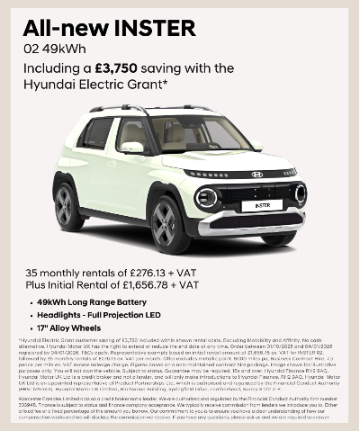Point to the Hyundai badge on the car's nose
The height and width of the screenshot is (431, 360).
(x=257, y=174)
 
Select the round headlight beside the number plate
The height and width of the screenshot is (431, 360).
(x=207, y=197)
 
